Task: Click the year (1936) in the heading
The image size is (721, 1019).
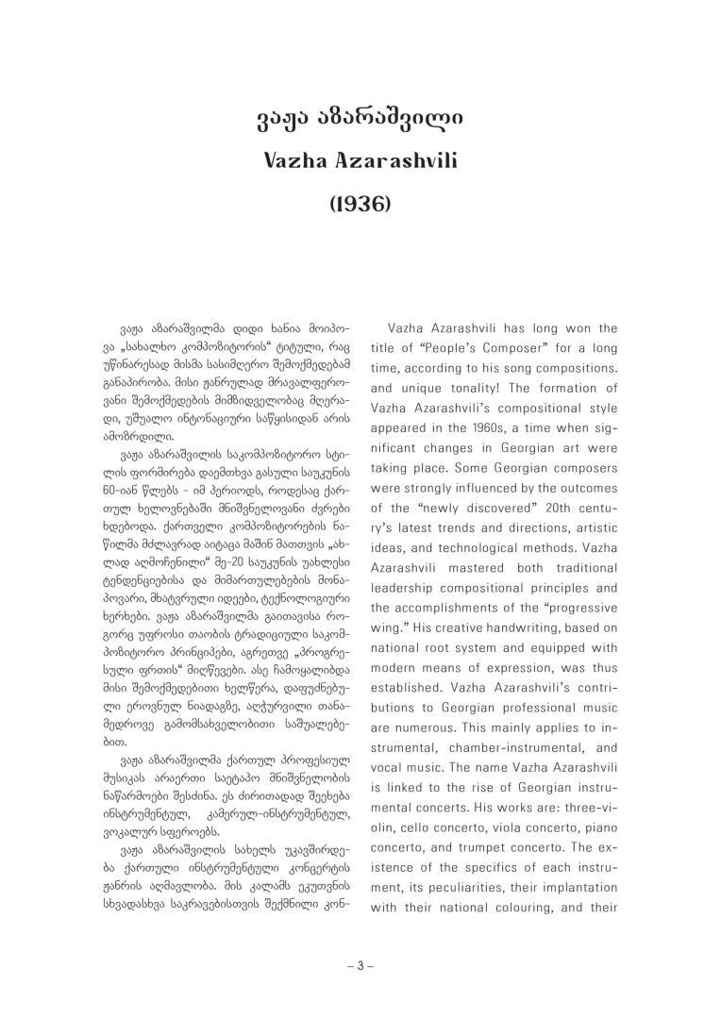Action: tap(360, 203)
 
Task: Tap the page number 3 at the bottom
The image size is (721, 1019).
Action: tap(360, 965)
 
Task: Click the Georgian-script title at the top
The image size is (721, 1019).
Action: tap(360, 120)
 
